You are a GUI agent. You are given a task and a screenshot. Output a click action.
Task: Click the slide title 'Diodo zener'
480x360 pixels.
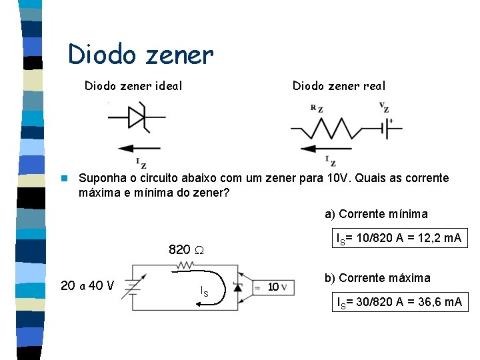pyautogui.click(x=141, y=55)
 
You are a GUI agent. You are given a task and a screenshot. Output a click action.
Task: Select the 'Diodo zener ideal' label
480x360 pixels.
pyautogui.click(x=133, y=85)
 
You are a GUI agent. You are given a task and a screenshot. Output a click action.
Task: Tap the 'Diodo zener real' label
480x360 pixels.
pyautogui.click(x=339, y=85)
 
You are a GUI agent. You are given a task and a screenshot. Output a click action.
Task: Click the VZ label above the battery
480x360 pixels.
pyautogui.click(x=383, y=107)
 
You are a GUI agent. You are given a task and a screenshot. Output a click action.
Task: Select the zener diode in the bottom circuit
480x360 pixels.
pyautogui.click(x=238, y=287)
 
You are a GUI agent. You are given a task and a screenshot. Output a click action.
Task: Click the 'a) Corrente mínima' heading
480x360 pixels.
pyautogui.click(x=376, y=214)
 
